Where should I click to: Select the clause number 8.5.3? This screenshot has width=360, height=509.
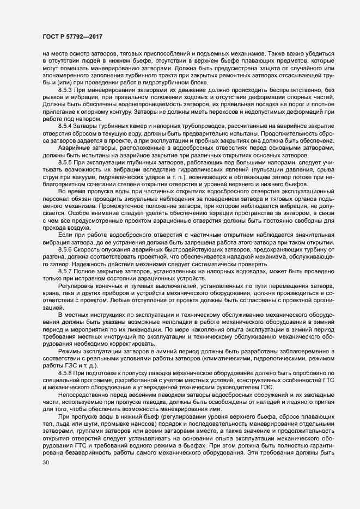coord(66,89)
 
